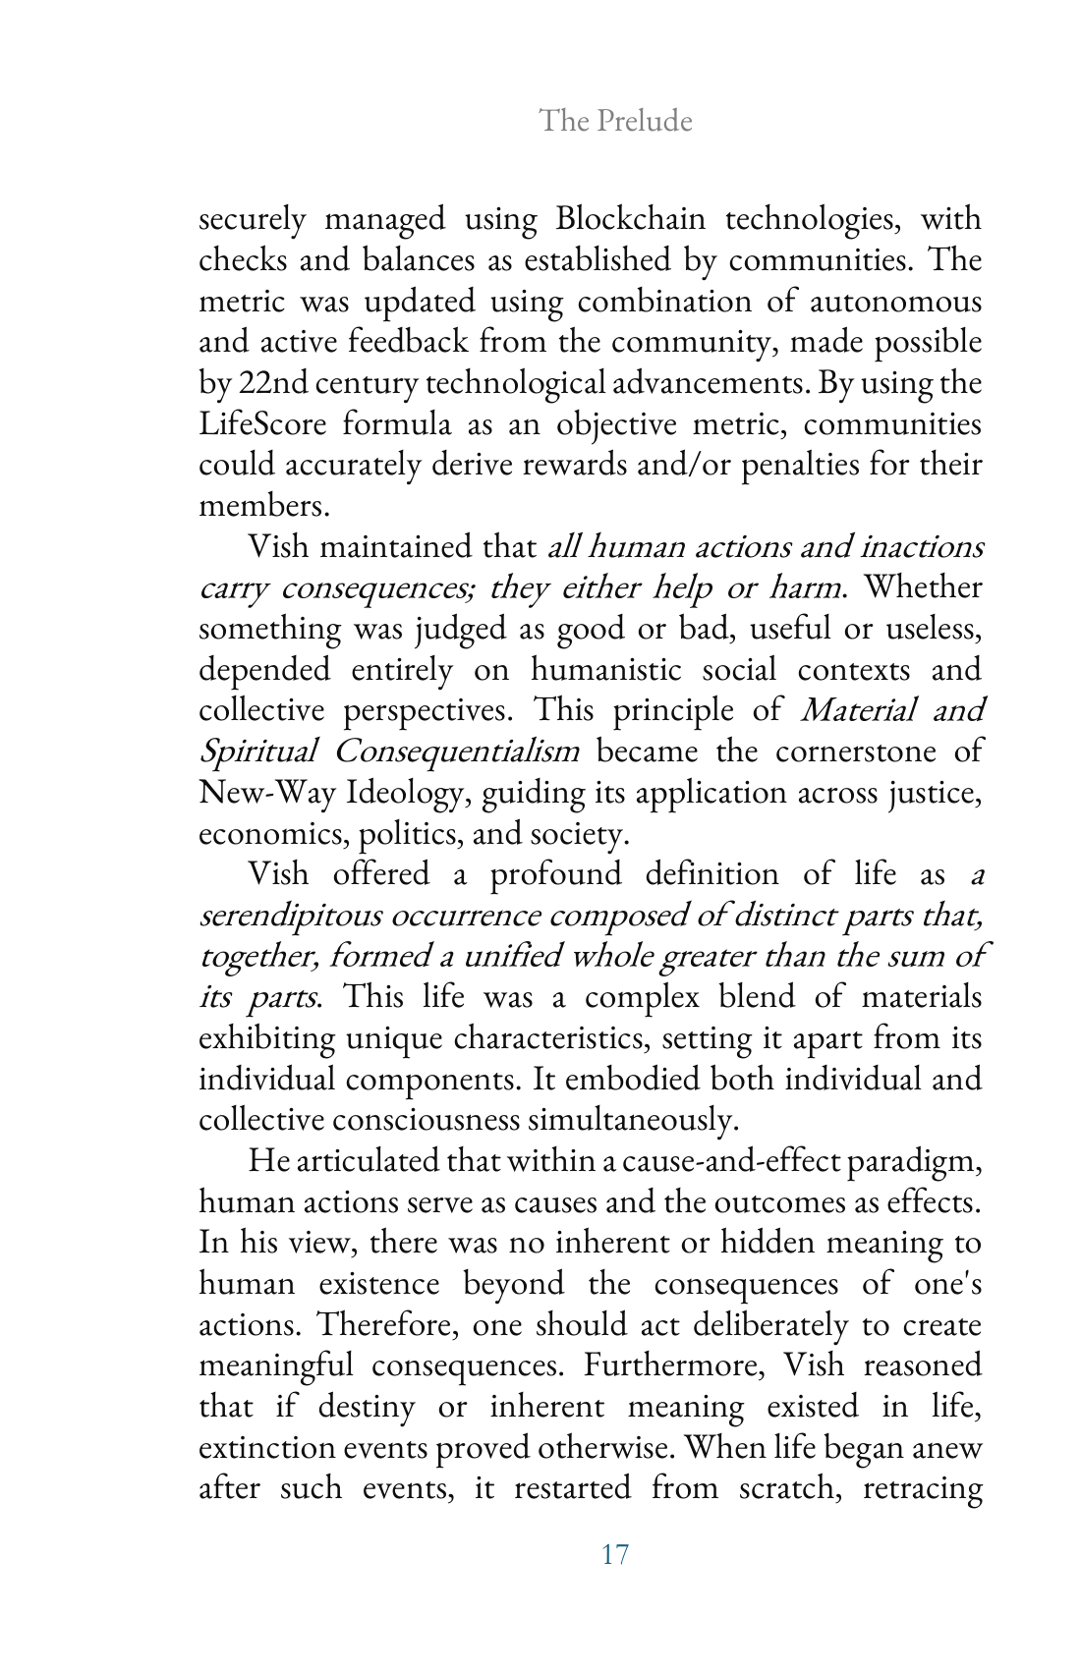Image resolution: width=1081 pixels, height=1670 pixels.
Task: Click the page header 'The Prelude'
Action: [x=615, y=121]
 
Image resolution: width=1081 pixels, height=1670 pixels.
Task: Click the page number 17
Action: [x=614, y=1555]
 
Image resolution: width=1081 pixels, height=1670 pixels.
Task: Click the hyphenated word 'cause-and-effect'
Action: [x=731, y=1161]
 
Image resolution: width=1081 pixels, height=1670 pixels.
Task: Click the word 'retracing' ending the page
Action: [x=922, y=1488]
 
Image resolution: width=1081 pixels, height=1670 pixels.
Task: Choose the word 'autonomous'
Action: [x=895, y=302]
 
